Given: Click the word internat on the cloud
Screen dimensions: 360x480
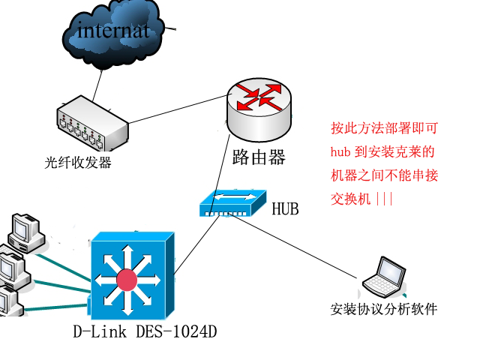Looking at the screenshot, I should (113, 30).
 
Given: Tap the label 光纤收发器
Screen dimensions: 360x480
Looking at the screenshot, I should (78, 162).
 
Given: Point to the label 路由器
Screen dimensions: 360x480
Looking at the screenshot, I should (259, 157).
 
